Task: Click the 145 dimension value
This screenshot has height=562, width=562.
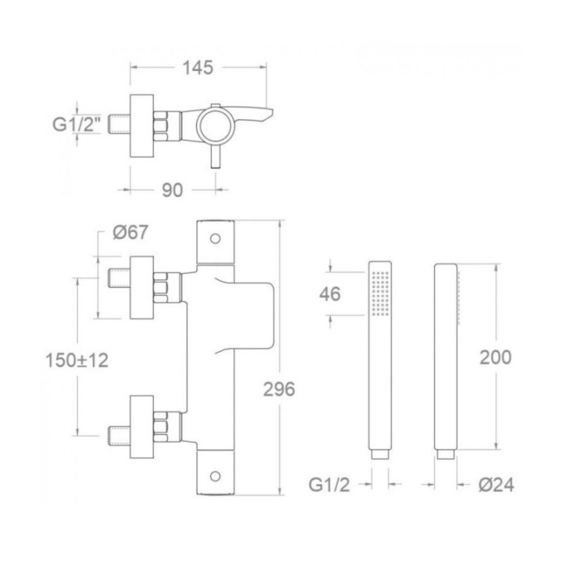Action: [197, 68]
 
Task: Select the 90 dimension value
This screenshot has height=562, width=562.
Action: [172, 190]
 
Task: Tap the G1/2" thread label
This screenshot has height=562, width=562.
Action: [76, 124]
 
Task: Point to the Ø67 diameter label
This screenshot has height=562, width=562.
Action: [130, 232]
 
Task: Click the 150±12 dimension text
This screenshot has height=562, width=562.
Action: [76, 360]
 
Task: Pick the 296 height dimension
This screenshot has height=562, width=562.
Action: [279, 389]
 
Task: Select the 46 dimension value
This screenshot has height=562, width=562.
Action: [329, 294]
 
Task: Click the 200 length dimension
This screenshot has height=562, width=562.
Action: [496, 357]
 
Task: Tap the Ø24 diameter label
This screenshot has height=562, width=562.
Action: [496, 485]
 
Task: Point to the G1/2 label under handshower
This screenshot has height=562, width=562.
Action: [329, 485]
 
